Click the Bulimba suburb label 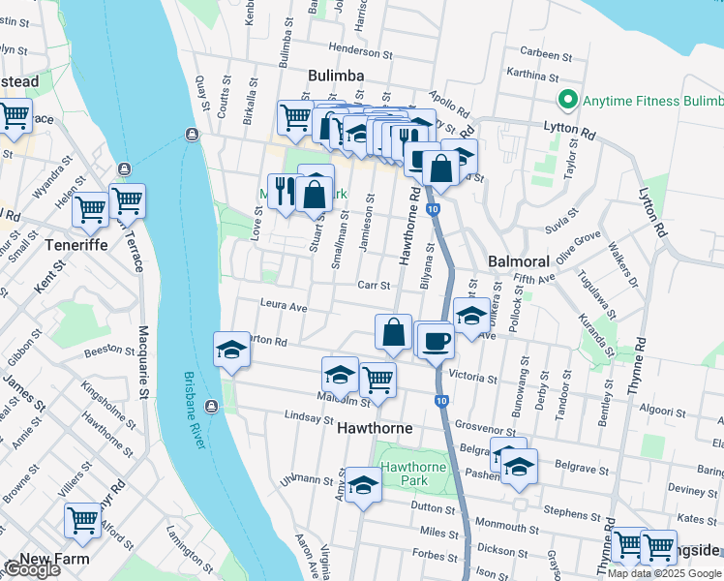pyautogui.click(x=336, y=76)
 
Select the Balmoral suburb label pyautogui.click(x=519, y=261)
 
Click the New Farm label pyautogui.click(x=54, y=559)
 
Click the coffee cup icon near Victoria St pyautogui.click(x=437, y=340)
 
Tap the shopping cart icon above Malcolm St pyautogui.click(x=377, y=379)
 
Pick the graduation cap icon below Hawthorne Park pyautogui.click(x=364, y=486)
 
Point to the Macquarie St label pyautogui.click(x=143, y=364)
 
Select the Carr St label pyautogui.click(x=373, y=285)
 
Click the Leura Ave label pyautogui.click(x=283, y=306)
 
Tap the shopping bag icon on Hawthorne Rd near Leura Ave pyautogui.click(x=394, y=332)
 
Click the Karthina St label pyautogui.click(x=531, y=75)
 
